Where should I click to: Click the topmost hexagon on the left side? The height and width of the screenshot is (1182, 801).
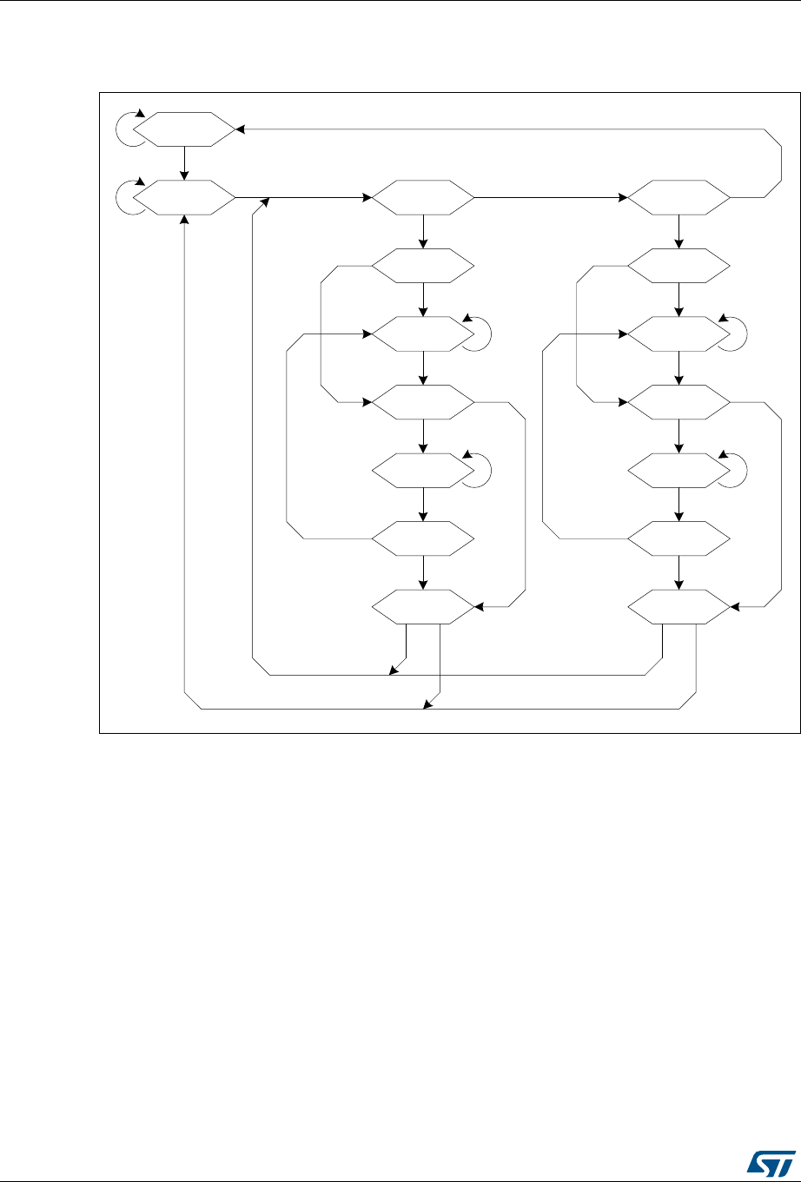[x=184, y=129]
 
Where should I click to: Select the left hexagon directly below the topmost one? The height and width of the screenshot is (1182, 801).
[x=184, y=199]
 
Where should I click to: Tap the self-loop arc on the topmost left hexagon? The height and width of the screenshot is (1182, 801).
[x=127, y=129]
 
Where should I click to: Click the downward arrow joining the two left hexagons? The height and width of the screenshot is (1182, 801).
[x=184, y=164]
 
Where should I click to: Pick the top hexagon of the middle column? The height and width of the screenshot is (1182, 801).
[x=423, y=199]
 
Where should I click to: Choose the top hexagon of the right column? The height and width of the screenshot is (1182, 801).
[x=679, y=199]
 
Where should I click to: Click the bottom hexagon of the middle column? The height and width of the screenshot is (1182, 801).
[x=423, y=607]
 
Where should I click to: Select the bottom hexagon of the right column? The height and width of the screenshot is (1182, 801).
[x=679, y=607]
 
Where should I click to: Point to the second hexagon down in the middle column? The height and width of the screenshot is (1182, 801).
[x=423, y=267]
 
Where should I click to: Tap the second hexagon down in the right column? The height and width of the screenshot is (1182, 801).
[x=679, y=267]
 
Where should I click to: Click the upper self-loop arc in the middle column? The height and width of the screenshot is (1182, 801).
[x=479, y=333]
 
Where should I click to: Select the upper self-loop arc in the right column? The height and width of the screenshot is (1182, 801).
[x=735, y=333]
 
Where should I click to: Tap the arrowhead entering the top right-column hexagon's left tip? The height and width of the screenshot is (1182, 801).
[x=624, y=199]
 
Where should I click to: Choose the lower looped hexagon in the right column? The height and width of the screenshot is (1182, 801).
[x=679, y=470]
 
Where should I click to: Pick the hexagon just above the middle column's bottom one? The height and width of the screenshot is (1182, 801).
[x=423, y=539]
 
